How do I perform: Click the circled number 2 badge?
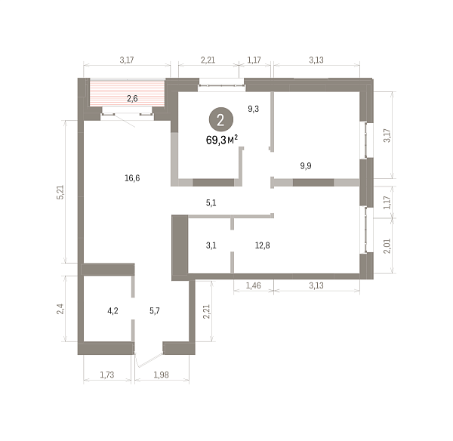click(x=221, y=119)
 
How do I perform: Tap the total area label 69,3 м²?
click(x=221, y=140)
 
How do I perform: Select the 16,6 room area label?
click(x=132, y=178)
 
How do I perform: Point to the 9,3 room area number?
click(x=254, y=109)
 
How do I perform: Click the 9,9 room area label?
click(x=306, y=166)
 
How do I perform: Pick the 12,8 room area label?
click(x=262, y=245)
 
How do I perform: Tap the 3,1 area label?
click(x=211, y=245)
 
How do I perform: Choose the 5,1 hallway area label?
click(x=211, y=203)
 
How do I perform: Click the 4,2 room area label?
click(x=112, y=311)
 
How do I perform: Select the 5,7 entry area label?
click(x=155, y=311)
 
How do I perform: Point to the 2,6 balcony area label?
click(x=132, y=99)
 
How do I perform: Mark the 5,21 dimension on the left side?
click(x=60, y=192)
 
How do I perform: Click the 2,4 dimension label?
click(x=60, y=309)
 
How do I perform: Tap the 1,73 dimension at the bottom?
click(x=107, y=375)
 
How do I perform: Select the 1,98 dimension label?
click(x=162, y=375)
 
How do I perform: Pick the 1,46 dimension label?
click(x=254, y=285)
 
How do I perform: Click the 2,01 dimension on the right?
click(x=387, y=246)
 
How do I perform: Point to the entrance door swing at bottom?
click(x=149, y=359)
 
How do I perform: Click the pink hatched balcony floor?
click(x=127, y=94)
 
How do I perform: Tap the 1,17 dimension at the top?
click(x=254, y=60)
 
